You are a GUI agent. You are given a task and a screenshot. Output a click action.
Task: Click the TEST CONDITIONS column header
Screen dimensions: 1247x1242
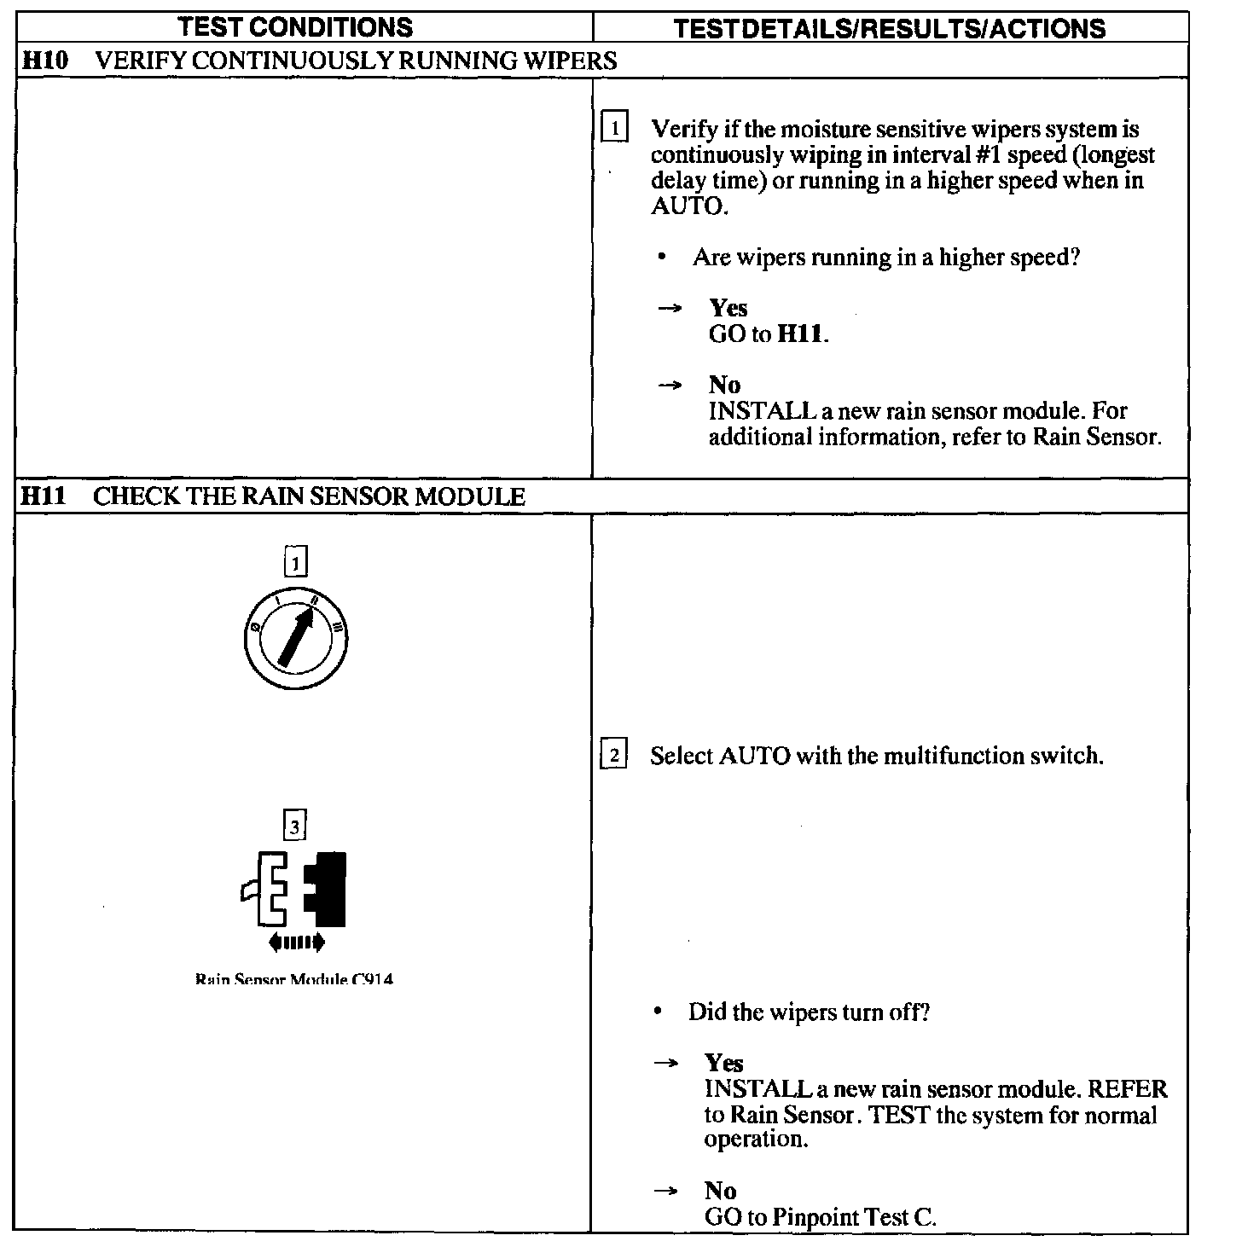[296, 27]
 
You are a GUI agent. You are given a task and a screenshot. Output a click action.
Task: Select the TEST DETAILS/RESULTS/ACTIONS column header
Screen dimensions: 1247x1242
[890, 28]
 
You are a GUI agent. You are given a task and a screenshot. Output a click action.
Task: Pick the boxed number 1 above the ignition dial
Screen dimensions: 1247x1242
[295, 563]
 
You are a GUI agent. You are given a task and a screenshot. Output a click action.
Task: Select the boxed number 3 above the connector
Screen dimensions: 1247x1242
[294, 826]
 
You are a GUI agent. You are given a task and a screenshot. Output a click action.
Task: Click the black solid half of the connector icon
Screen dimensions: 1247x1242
[327, 889]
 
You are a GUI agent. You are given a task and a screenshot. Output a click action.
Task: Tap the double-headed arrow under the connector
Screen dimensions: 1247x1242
[296, 942]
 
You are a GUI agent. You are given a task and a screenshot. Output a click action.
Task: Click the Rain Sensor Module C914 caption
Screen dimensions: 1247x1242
[294, 979]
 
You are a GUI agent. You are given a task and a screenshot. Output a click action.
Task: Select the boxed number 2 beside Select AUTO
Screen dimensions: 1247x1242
[614, 756]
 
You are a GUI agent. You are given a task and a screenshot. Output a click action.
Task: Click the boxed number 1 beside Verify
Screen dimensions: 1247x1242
[614, 129]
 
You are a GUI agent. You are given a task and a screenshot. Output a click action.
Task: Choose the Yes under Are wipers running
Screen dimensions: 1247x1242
[728, 308]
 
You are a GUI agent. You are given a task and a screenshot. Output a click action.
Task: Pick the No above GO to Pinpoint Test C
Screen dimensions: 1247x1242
[720, 1191]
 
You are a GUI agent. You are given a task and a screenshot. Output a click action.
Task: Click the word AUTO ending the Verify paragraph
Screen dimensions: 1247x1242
[688, 206]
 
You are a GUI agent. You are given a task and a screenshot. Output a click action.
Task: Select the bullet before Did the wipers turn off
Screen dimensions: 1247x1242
[658, 1012]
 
